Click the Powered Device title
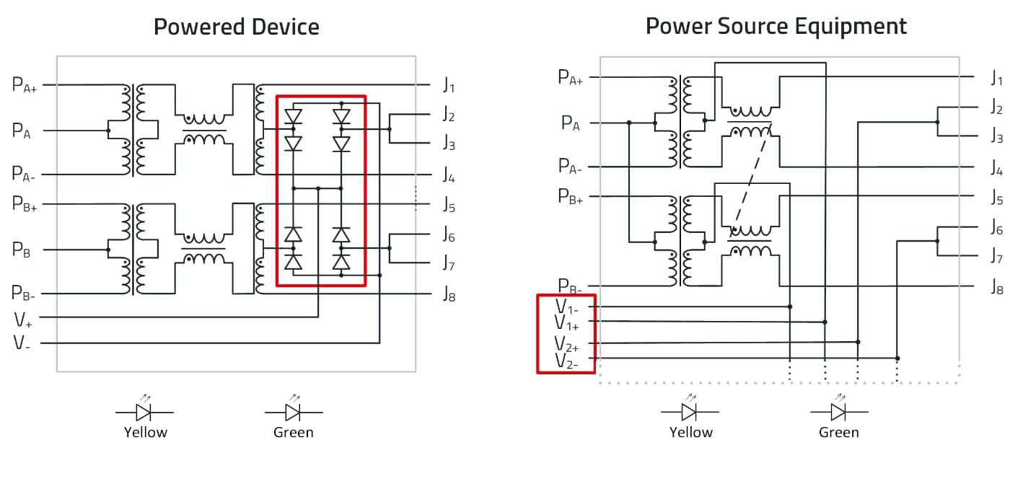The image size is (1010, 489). coord(237,27)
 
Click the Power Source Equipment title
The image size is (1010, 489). coord(776,27)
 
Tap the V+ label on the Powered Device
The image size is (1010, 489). coord(22,320)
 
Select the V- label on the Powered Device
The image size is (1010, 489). coord(22,343)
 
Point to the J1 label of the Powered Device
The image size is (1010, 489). coord(449,84)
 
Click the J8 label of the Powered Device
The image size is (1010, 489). coord(449,294)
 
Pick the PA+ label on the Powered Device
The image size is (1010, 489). coord(25,84)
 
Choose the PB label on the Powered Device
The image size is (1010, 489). coord(21,250)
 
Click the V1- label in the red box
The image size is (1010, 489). coord(566,307)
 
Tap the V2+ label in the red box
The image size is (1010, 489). coord(566,344)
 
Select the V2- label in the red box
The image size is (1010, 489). coord(566,361)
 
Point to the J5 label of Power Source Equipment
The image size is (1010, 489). coord(997,198)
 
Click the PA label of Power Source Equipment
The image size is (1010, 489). coord(571,123)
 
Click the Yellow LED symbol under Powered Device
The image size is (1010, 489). coord(144,408)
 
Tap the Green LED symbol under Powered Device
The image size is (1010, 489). coord(294,408)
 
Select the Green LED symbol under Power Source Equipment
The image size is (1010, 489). coord(838,408)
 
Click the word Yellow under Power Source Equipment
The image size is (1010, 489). coord(691,432)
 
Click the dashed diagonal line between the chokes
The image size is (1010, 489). coord(752,180)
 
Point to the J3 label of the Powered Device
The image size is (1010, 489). coord(449,143)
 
